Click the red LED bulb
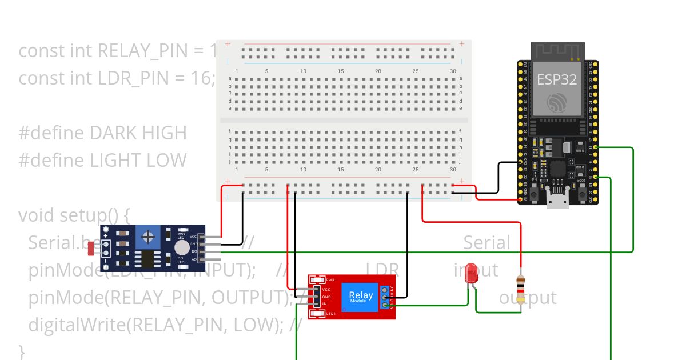472,273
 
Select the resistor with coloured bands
520,289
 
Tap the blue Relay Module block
361,297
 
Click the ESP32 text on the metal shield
556,79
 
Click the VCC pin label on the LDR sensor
193,237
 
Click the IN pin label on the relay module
325,304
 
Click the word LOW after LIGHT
166,160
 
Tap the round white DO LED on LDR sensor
182,247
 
